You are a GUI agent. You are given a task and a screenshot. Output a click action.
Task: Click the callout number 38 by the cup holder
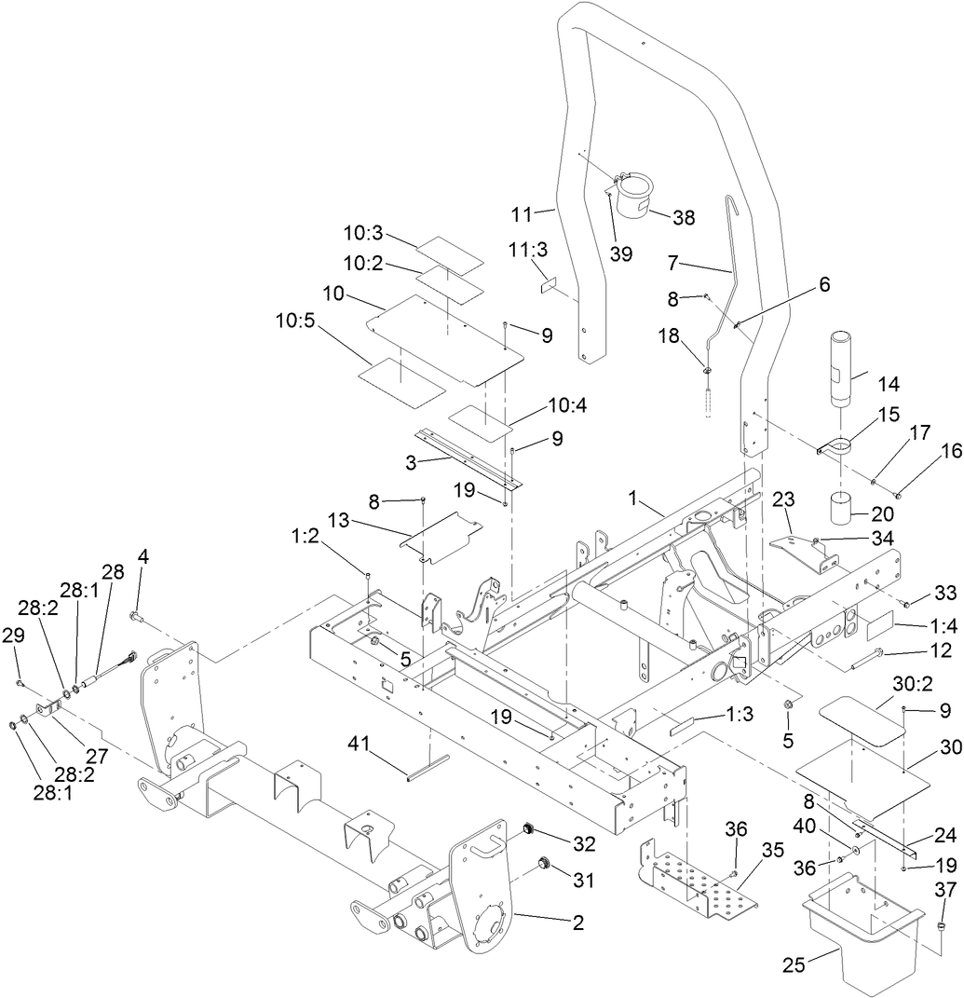coord(684,217)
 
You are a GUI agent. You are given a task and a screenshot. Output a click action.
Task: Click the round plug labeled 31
coord(544,868)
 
